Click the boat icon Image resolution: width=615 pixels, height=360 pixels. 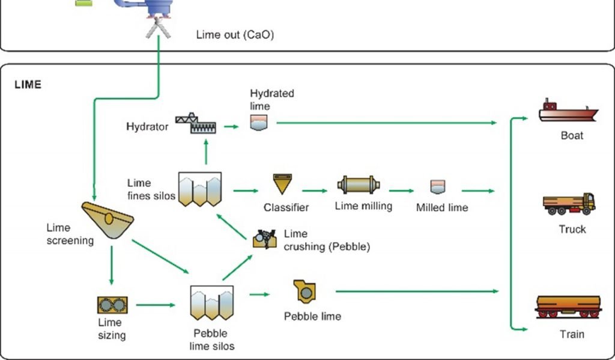[x=568, y=112]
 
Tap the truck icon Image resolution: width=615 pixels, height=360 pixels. [x=569, y=204]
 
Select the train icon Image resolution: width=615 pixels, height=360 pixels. [x=568, y=307]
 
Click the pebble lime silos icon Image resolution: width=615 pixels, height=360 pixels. [x=211, y=302]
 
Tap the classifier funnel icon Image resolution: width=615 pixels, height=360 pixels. [x=282, y=184]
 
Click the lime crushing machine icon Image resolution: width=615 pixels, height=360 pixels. [x=264, y=239]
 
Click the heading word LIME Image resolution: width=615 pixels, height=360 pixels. [x=28, y=85]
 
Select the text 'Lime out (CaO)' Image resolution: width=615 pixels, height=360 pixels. [x=235, y=35]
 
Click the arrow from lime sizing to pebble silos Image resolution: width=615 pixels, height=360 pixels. [x=156, y=305]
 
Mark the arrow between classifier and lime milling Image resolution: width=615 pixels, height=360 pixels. [x=315, y=191]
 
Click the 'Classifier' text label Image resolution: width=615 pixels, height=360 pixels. [x=286, y=208]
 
